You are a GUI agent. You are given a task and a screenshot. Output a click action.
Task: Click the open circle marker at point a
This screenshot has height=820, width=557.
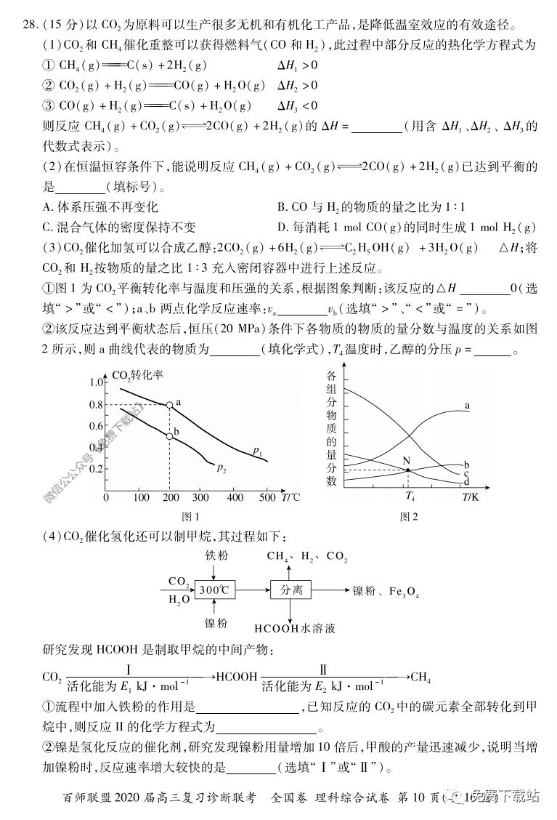coord(169,405)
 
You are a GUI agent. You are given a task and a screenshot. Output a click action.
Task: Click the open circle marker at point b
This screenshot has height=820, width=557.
coord(169,436)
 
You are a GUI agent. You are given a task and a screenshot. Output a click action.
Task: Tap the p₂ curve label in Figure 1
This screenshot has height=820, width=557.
coord(221,467)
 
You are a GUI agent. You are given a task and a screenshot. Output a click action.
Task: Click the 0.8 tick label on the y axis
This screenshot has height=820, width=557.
coord(97,405)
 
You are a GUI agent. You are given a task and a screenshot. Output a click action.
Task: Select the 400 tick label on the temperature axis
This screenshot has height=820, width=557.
coord(235,498)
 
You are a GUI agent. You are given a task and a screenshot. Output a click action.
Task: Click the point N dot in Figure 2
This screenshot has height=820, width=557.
coord(408,470)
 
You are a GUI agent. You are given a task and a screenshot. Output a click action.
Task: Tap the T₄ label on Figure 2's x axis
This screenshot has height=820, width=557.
coord(410,498)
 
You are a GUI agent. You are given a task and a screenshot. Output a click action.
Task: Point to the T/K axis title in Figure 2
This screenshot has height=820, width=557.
coord(471,497)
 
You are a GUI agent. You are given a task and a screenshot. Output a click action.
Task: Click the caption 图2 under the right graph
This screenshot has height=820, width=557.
coord(410,517)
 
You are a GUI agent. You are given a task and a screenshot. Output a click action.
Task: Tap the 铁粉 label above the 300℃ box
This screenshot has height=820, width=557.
coord(216,555)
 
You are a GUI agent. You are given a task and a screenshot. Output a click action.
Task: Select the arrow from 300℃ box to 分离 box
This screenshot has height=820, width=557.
coord(253,590)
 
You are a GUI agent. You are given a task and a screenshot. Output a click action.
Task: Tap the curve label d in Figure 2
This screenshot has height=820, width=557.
coord(466,482)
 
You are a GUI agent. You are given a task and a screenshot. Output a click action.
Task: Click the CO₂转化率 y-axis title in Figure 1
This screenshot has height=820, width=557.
coord(138,376)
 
